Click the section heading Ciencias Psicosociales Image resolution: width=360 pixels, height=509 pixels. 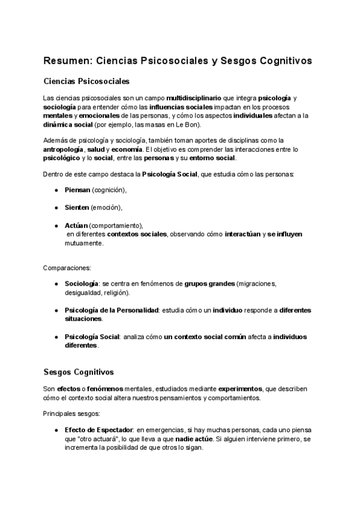point(86,80)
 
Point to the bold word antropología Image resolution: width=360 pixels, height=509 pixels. point(65,149)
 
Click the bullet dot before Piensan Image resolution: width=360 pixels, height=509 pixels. point(56,190)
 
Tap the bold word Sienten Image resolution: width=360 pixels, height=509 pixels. point(77,208)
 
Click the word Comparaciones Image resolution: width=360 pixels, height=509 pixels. point(67,267)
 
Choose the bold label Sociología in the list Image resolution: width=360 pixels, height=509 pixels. point(82,283)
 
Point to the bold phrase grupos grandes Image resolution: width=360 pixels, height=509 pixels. point(209,283)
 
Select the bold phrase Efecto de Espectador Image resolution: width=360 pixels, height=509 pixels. point(98,430)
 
